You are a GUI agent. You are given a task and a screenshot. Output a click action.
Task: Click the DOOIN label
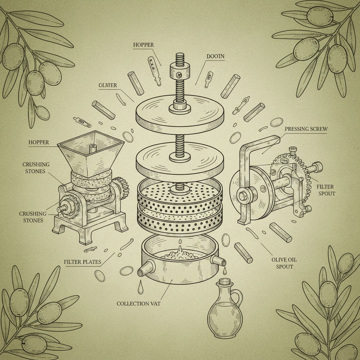click(x=216, y=56)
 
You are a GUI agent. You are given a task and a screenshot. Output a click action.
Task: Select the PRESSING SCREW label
click(x=306, y=129)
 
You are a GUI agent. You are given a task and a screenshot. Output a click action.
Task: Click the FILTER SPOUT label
click(x=325, y=190)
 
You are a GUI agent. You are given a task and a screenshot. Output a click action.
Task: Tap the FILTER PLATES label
click(x=83, y=262)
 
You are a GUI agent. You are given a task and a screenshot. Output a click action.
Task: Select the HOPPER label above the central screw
click(x=143, y=45)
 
